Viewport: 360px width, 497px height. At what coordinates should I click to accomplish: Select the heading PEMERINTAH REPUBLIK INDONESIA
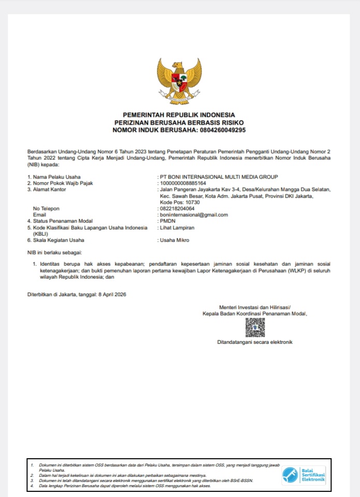(x=179, y=114)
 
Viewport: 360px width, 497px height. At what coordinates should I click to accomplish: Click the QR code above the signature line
(x=255, y=328)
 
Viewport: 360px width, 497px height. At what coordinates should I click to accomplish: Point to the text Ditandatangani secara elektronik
(x=255, y=342)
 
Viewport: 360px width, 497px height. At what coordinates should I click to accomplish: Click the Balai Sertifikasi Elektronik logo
(x=304, y=475)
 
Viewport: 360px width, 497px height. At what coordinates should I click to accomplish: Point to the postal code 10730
(x=191, y=202)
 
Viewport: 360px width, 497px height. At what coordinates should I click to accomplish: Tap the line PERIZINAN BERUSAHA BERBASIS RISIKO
(x=179, y=122)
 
